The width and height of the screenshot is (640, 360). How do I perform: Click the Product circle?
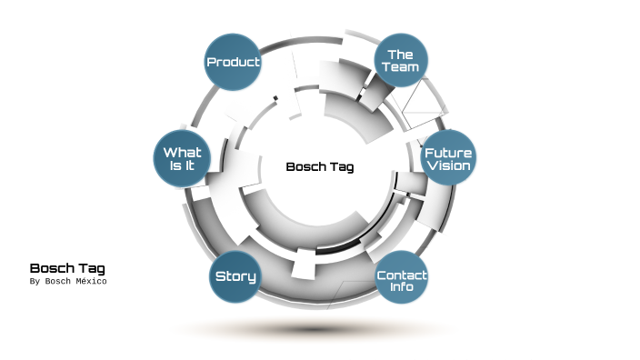pos(234,62)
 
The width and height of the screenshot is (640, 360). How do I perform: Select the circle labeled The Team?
pos(401,60)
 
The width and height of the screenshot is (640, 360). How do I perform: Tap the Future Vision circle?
pos(448,158)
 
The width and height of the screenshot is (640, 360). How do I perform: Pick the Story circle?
pos(235,276)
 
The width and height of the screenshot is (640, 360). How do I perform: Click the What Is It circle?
pos(182,158)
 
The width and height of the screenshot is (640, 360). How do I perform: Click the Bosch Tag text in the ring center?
pos(319,166)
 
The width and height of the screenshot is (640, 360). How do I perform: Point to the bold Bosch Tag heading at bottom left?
pos(67,268)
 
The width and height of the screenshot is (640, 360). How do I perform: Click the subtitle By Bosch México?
pos(68,282)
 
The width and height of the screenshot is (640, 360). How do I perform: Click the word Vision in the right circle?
pos(448,166)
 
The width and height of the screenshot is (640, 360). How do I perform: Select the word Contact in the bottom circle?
pos(401,275)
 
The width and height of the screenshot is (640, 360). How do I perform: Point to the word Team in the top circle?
pos(401,67)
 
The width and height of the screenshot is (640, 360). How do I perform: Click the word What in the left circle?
pos(182,152)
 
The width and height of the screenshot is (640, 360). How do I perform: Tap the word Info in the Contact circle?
pos(401,287)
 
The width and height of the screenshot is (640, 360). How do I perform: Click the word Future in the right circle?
pos(448,152)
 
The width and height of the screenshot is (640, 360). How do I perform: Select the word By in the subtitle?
pos(35,282)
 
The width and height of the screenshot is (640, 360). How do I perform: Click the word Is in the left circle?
pos(176,166)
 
